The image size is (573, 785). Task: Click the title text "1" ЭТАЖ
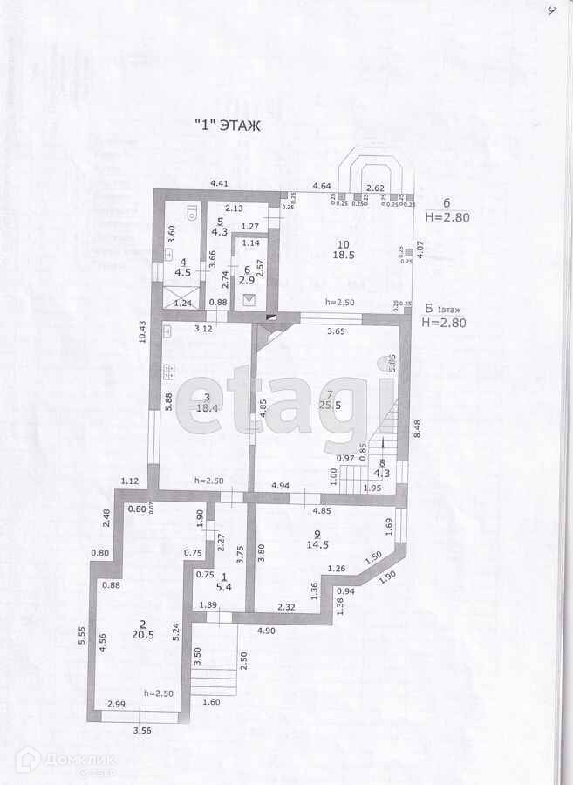point(227,126)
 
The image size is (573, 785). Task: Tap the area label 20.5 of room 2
point(142,636)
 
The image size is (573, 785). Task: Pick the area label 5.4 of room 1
point(222,587)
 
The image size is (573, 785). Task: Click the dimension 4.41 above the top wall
point(217,183)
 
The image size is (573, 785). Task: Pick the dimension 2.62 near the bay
point(376,188)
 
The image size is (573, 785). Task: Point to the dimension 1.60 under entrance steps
point(212,702)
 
